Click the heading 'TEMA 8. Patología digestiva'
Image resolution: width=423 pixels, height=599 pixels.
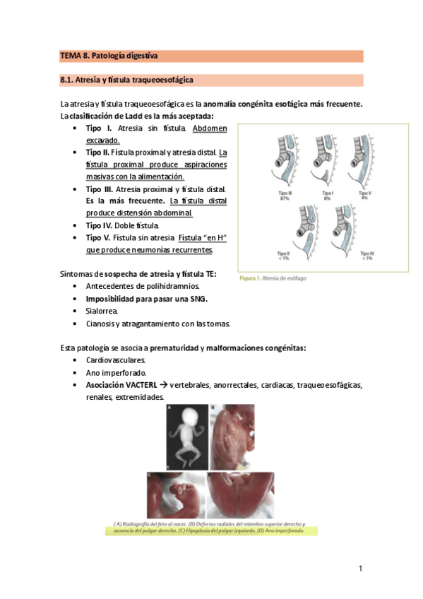[x=109, y=56]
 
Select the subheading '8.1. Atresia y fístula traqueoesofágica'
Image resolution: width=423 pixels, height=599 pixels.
[x=127, y=80]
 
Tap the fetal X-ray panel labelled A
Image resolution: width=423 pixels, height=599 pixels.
[x=186, y=436]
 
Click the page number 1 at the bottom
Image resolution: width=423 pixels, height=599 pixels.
[x=360, y=569]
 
